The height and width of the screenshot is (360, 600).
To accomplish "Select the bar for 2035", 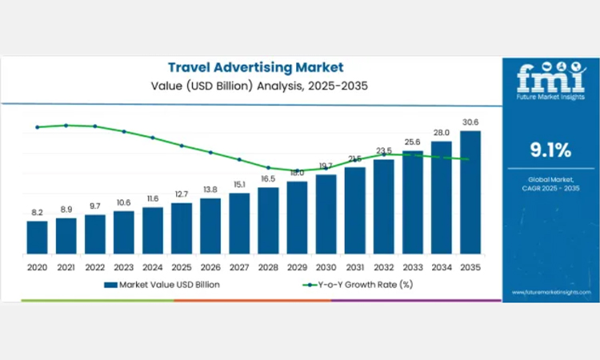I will click(x=470, y=192).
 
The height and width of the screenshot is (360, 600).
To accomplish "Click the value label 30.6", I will click(x=470, y=122).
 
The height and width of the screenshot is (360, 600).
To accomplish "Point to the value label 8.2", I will click(x=37, y=213).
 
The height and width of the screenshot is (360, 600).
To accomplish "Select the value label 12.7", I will click(x=182, y=194).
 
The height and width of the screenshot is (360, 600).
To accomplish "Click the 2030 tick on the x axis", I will click(x=326, y=266).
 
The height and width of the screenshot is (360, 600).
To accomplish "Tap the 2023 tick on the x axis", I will click(x=123, y=266).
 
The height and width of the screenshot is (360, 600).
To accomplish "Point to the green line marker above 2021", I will click(x=66, y=125).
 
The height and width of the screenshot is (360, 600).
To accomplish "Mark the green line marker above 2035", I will click(x=467, y=159).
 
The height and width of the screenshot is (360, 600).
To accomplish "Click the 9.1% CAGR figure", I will click(x=550, y=150).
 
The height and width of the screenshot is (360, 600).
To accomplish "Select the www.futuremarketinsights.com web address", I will click(x=550, y=294).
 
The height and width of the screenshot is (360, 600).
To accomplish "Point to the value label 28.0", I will click(x=442, y=133).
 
